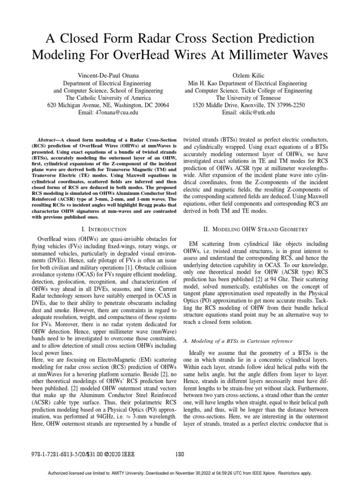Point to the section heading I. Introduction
tap(104, 230)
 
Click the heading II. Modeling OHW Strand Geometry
tap(248, 229)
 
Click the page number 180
tap(180, 454)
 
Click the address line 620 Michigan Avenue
tap(108, 106)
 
